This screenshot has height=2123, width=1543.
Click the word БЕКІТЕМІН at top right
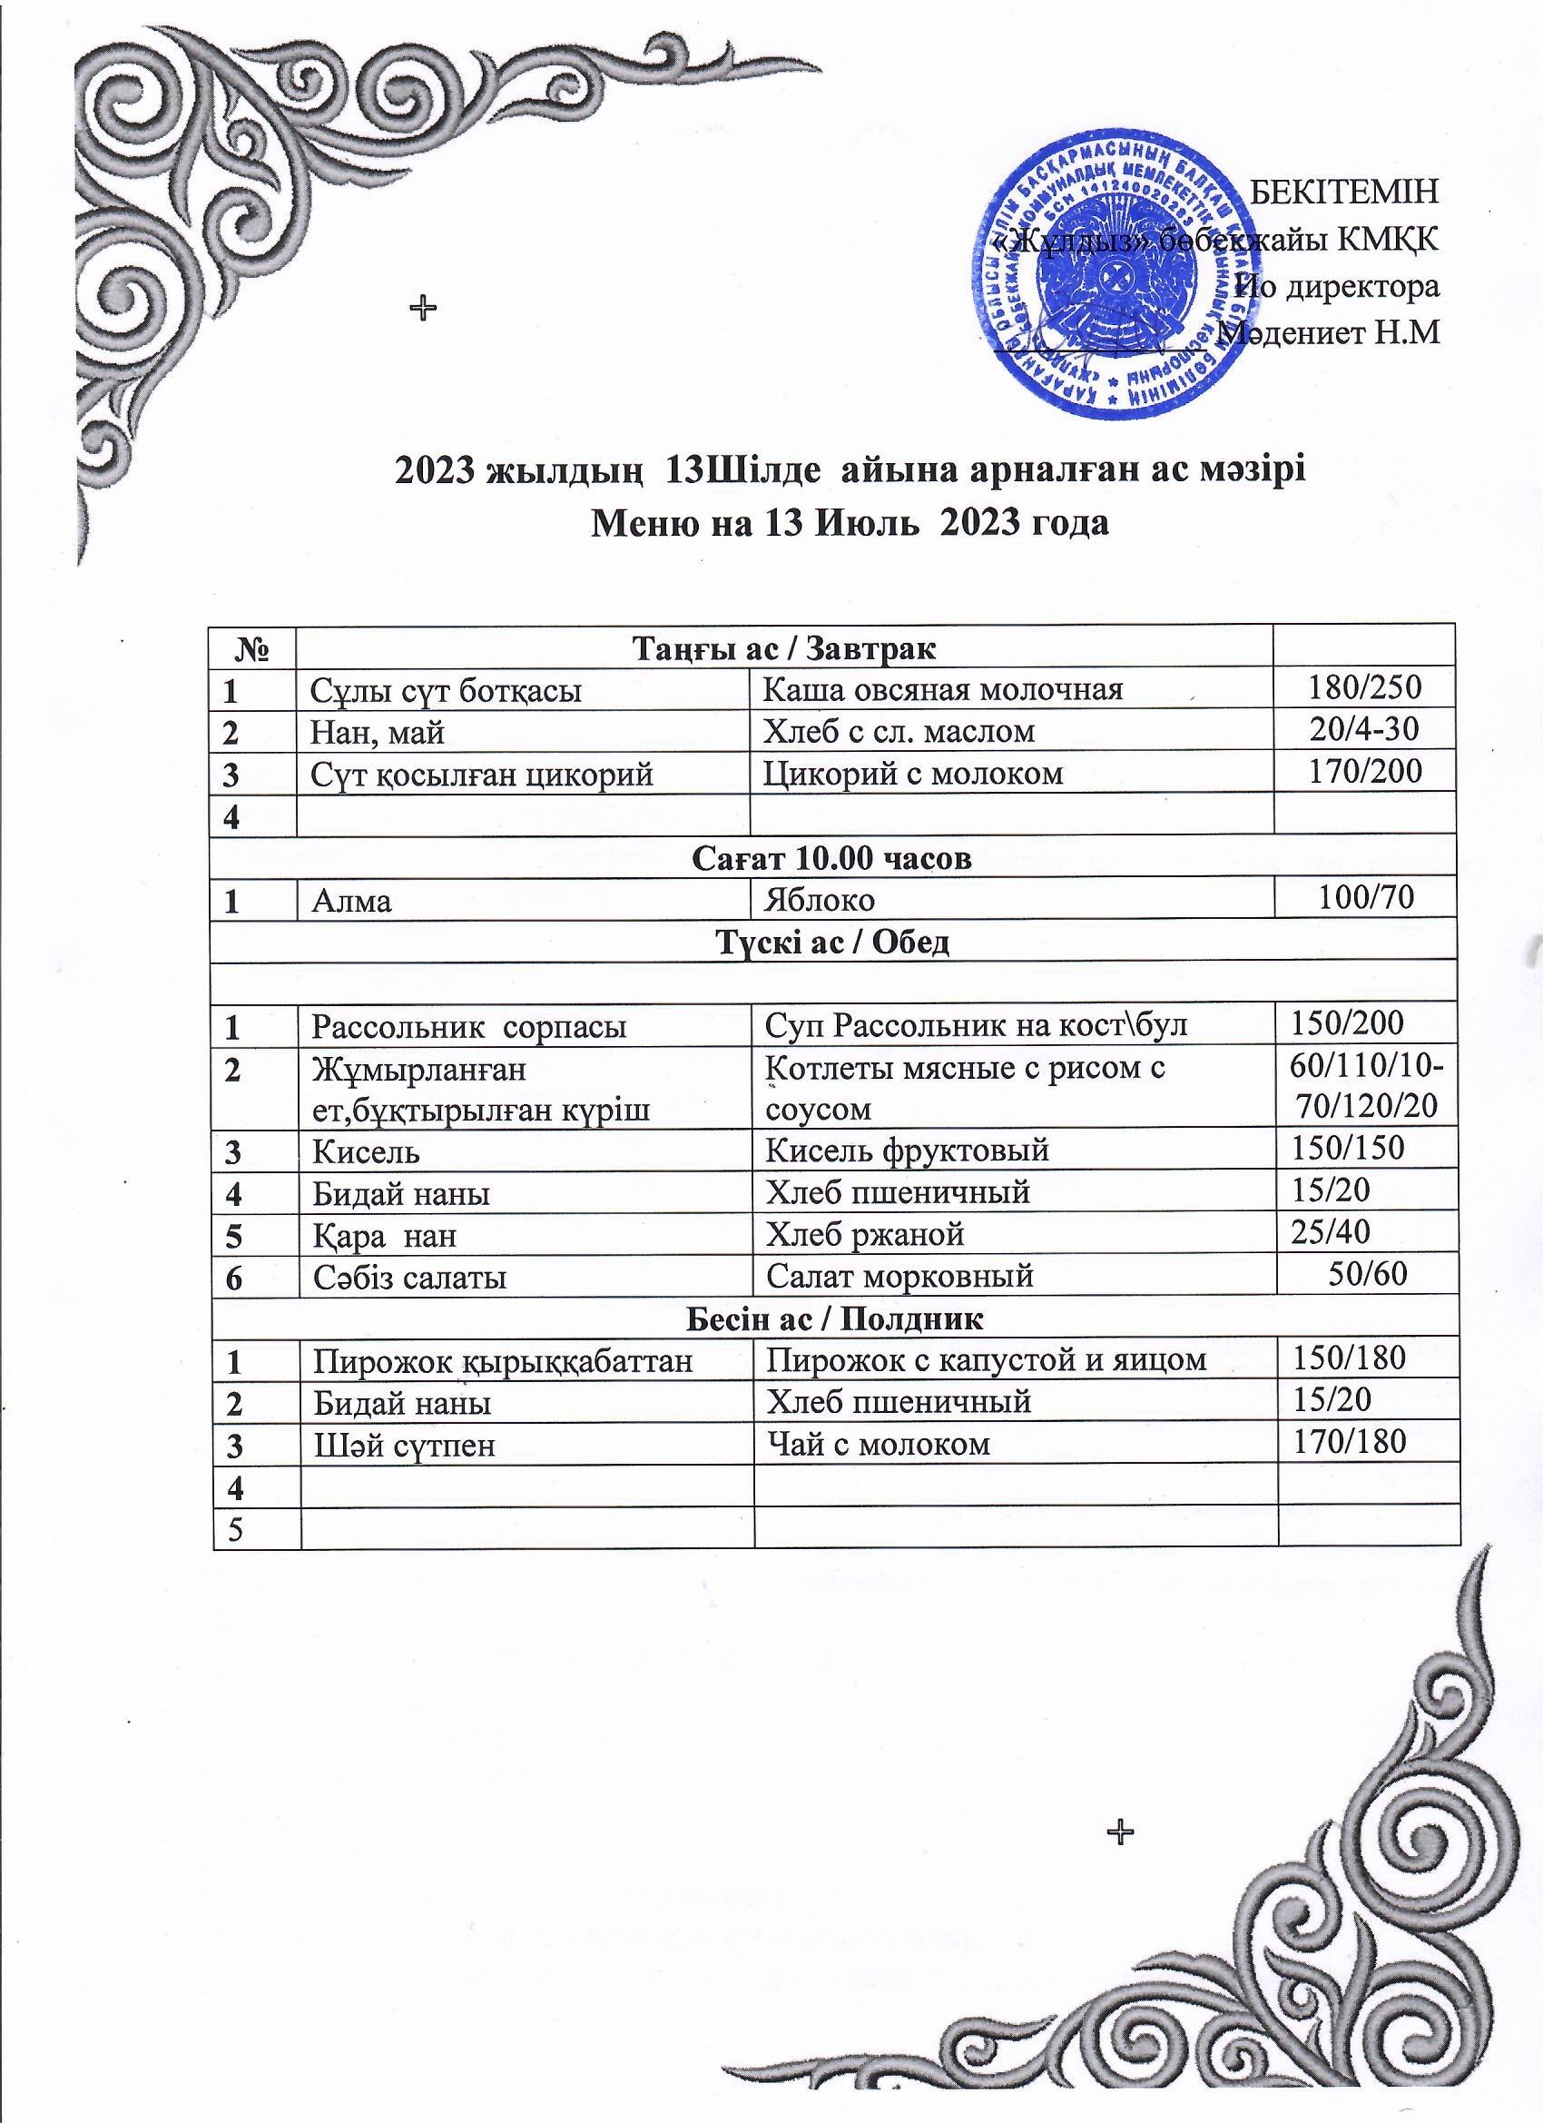pyautogui.click(x=1344, y=191)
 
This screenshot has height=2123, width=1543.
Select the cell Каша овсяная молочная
pyautogui.click(x=942, y=689)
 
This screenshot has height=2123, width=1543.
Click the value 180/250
pyautogui.click(x=1364, y=688)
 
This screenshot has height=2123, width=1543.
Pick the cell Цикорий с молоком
pyautogui.click(x=913, y=773)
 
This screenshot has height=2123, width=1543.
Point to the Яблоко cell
pyautogui.click(x=820, y=901)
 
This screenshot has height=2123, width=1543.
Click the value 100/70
pyautogui.click(x=1365, y=899)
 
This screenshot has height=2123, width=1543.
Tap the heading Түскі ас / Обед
pyautogui.click(x=833, y=942)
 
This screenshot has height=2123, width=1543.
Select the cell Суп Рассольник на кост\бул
pyautogui.click(x=976, y=1025)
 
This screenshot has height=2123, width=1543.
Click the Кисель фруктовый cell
pyautogui.click(x=907, y=1150)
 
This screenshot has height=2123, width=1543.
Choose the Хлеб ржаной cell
pyautogui.click(x=865, y=1235)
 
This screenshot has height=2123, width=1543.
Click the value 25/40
pyautogui.click(x=1330, y=1233)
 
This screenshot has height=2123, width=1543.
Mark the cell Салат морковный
pyautogui.click(x=899, y=1276)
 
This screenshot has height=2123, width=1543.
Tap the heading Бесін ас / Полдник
pyautogui.click(x=835, y=1318)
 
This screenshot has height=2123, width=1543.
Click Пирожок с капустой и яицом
pyautogui.click(x=987, y=1359)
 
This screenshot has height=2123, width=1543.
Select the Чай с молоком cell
pyautogui.click(x=878, y=1444)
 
